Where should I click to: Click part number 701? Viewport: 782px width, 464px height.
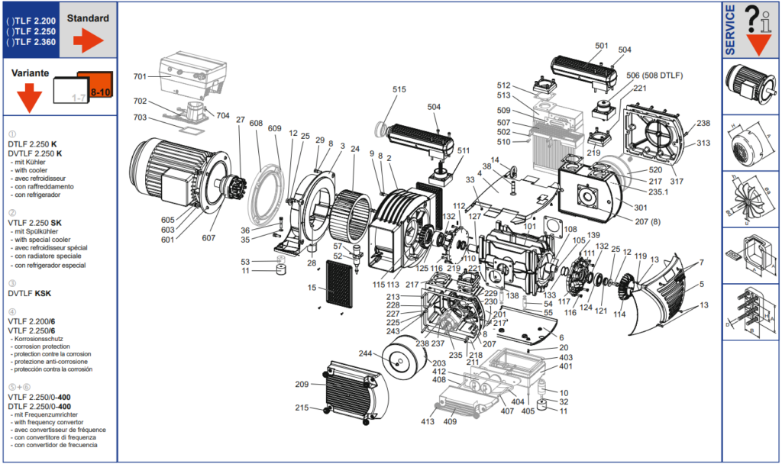[x=140, y=76]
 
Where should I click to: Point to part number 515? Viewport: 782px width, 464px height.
[x=399, y=89]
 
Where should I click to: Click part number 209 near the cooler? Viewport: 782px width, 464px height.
[x=303, y=384]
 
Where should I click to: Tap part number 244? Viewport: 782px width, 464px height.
[x=366, y=353]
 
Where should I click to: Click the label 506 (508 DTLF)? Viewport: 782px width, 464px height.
[x=654, y=75]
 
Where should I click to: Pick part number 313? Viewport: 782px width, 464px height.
[x=703, y=143]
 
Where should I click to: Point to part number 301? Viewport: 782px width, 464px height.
[x=640, y=207]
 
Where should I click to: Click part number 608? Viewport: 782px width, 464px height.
[x=256, y=124]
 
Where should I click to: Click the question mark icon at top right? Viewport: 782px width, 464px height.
[x=752, y=16]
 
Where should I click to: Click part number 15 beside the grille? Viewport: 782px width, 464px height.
[x=312, y=288]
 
